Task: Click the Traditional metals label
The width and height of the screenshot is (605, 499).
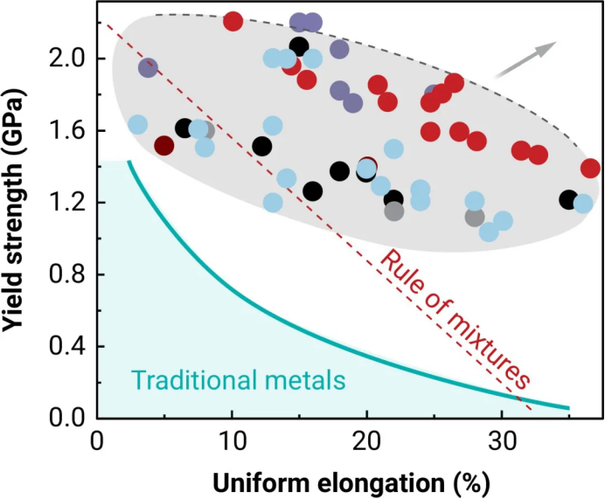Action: point(239,380)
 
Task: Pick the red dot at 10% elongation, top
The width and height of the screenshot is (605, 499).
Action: point(233,21)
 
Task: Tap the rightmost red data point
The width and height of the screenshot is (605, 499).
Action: point(591,168)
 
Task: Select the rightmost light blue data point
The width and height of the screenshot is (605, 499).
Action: point(583,204)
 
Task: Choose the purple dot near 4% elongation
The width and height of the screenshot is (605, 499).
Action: point(148,68)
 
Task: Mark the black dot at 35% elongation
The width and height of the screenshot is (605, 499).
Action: point(567,199)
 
